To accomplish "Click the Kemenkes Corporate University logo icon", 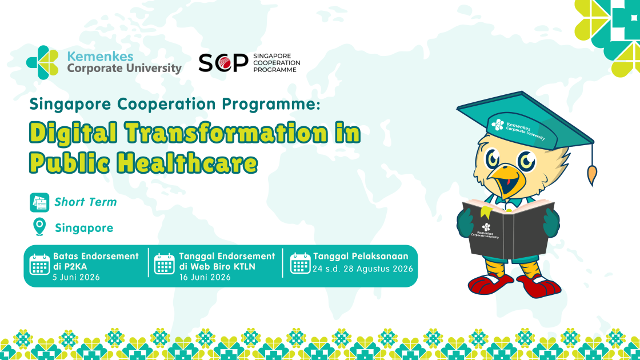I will pyautogui.click(x=42, y=62).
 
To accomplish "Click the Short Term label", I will pyautogui.click(x=86, y=202).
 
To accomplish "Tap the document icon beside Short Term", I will pyautogui.click(x=39, y=202).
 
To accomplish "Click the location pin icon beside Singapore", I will pyautogui.click(x=39, y=227).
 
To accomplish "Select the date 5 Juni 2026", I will pyautogui.click(x=77, y=278).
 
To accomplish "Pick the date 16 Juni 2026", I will pyautogui.click(x=205, y=278).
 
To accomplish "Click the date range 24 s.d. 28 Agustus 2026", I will pyautogui.click(x=362, y=269).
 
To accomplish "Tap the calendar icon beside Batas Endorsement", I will pyautogui.click(x=40, y=265).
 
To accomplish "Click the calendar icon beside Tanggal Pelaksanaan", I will pyautogui.click(x=301, y=263).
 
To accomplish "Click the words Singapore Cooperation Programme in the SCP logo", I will pyautogui.click(x=275, y=63).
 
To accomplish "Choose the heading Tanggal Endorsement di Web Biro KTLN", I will pyautogui.click(x=227, y=261).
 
